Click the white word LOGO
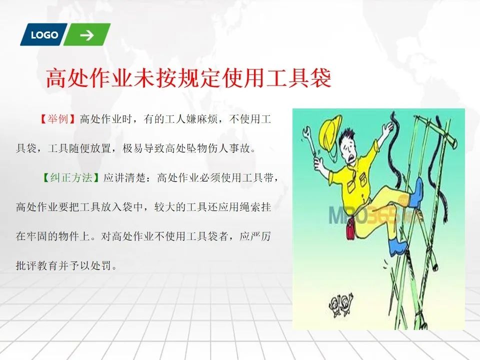[44, 35]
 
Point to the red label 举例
[57, 119]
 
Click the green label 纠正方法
[71, 177]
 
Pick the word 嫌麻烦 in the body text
[201, 119]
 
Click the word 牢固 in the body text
[37, 236]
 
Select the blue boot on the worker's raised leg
[416, 193]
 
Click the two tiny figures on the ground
[340, 304]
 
